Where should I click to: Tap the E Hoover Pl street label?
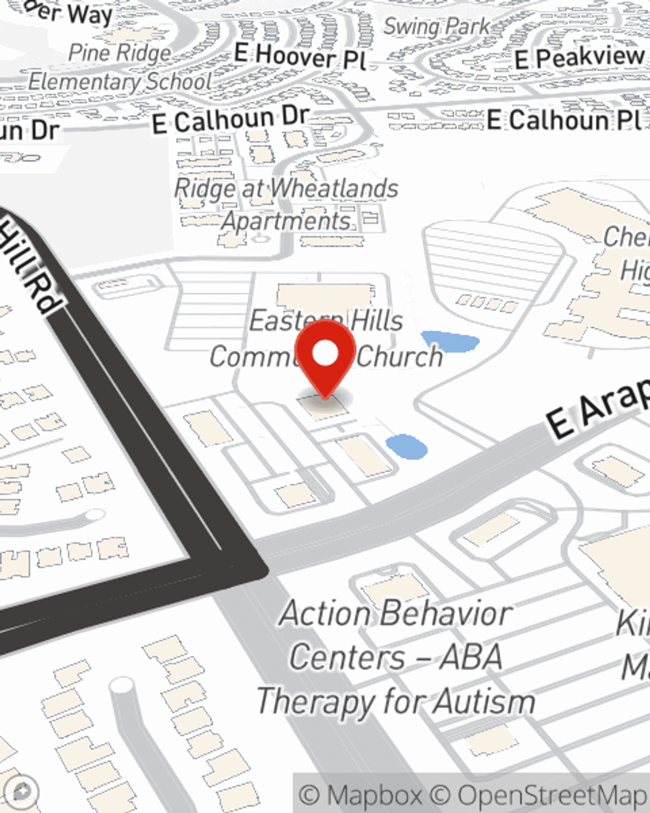300,57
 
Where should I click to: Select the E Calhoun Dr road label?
230,120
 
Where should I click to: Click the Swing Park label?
436,27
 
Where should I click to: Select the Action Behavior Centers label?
396,657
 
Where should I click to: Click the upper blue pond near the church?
450,341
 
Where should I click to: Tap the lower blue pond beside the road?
406,446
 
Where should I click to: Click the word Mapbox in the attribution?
373,795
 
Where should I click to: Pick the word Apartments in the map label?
286,221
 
